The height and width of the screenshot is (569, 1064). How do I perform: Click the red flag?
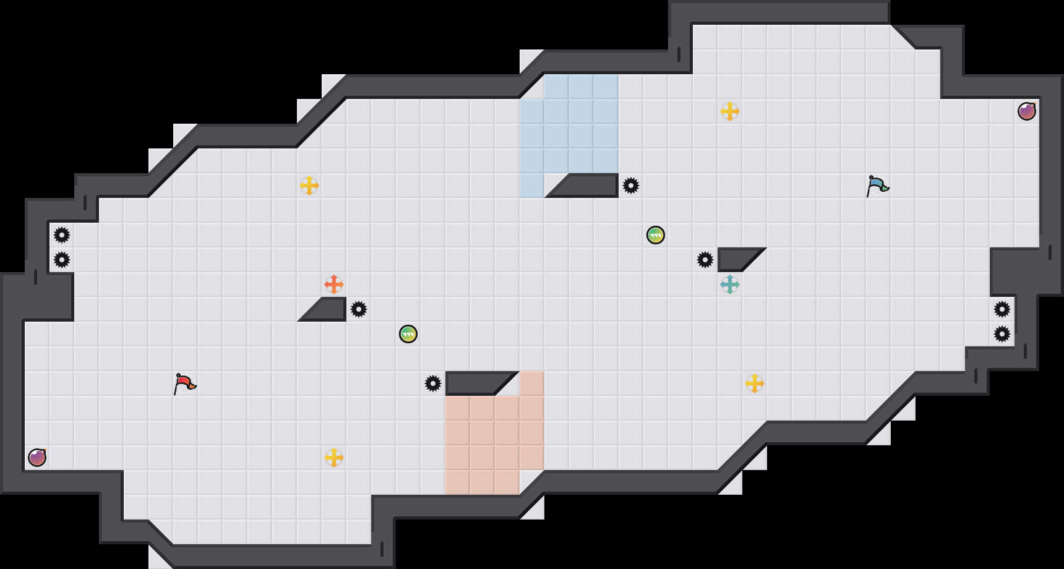(x=184, y=383)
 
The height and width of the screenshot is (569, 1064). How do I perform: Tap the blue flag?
(x=877, y=186)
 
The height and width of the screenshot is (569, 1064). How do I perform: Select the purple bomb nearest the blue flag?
(x=1027, y=111)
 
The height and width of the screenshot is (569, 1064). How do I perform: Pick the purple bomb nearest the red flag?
(x=37, y=458)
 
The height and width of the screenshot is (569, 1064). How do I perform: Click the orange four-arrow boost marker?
(x=334, y=284)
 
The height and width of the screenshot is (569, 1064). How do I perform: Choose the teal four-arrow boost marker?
(x=730, y=284)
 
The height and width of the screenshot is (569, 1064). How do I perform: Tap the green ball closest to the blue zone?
(x=656, y=235)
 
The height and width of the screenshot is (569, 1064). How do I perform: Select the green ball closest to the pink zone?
(x=408, y=334)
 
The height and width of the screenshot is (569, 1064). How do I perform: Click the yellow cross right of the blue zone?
(x=730, y=111)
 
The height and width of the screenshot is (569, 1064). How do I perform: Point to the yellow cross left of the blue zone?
(x=309, y=186)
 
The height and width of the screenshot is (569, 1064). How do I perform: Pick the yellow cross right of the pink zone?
(x=755, y=383)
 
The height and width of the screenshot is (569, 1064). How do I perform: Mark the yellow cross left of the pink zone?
(x=334, y=458)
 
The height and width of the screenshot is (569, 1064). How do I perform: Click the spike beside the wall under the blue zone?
(x=631, y=186)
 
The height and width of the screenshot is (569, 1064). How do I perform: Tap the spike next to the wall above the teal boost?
(x=705, y=260)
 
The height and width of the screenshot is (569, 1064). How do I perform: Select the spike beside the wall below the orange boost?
(x=359, y=309)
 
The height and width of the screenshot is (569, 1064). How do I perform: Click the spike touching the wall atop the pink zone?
(x=433, y=383)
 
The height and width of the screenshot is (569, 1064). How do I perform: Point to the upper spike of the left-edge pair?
(x=62, y=235)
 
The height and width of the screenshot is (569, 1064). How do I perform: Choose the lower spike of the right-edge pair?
(x=1002, y=334)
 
